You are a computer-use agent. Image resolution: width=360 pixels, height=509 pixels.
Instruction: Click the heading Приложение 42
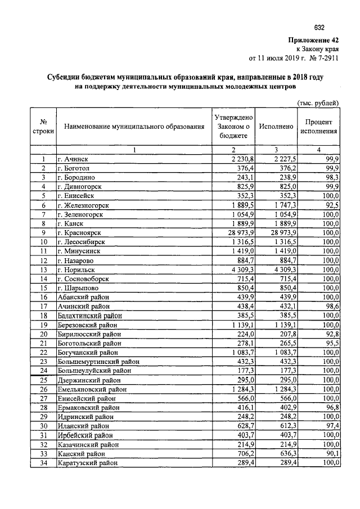tap(313, 40)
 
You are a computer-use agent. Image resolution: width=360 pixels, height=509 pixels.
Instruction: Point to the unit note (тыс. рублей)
tap(318, 103)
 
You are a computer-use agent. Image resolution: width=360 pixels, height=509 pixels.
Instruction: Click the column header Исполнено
tap(276, 127)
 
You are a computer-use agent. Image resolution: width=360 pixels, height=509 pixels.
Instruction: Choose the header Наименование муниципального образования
tap(134, 127)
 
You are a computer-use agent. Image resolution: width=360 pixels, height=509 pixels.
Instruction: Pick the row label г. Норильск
tap(76, 269)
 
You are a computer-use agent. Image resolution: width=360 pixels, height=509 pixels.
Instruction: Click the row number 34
tap(43, 462)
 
